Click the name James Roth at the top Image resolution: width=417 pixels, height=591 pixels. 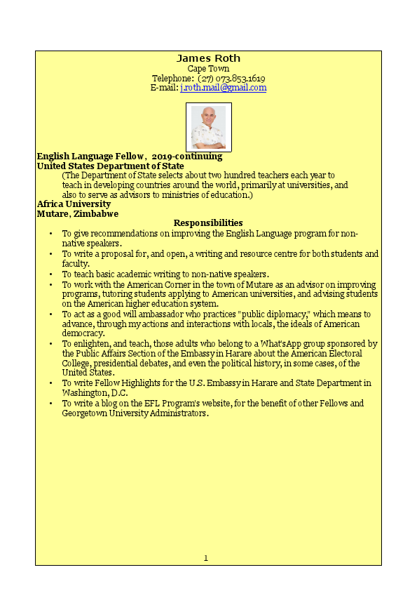(208, 58)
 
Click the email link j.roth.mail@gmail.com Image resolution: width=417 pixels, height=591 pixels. (223, 88)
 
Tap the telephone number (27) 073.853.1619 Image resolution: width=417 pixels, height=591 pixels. (231, 79)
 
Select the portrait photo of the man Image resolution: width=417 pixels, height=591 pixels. (208, 127)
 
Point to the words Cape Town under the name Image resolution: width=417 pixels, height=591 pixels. (208, 69)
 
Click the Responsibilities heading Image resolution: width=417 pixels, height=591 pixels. (208, 223)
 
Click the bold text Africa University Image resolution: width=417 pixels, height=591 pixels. (74, 204)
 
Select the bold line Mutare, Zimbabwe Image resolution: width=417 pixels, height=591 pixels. (77, 213)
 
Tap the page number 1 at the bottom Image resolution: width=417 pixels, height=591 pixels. (206, 558)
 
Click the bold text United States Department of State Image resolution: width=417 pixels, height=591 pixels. (110, 166)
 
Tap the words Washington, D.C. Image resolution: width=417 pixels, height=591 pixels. (93, 393)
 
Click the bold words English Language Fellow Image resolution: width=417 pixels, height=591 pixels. (90, 157)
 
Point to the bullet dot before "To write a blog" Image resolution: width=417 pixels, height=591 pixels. (50, 404)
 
